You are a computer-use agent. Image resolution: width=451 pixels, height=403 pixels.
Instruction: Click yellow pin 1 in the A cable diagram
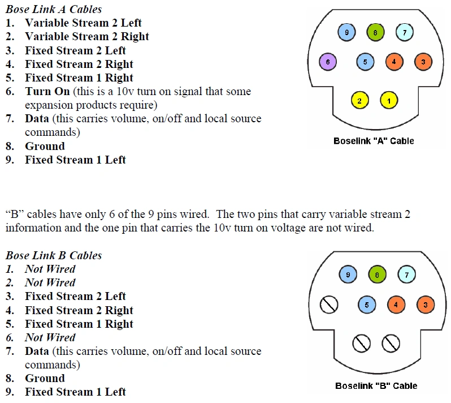click(389, 101)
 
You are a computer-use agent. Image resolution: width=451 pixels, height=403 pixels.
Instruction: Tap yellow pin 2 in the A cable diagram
click(359, 101)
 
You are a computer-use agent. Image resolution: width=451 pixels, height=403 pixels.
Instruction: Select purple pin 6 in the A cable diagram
click(327, 61)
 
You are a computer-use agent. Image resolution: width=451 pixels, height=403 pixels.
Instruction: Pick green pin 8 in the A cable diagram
click(375, 32)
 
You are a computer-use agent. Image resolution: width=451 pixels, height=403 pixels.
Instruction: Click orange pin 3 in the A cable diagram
click(423, 61)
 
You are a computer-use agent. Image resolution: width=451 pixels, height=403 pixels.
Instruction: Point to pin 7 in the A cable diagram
click(405, 32)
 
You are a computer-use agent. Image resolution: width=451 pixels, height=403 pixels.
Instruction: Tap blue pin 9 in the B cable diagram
click(348, 275)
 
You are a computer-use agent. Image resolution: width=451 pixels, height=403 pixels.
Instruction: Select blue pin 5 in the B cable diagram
click(367, 305)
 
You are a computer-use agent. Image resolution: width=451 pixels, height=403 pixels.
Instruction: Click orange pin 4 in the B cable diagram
click(396, 305)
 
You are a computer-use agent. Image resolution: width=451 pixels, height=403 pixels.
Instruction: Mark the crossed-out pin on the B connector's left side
click(328, 305)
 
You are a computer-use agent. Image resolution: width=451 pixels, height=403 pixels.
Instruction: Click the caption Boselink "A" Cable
click(374, 141)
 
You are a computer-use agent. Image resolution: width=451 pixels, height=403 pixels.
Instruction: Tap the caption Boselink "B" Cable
click(376, 386)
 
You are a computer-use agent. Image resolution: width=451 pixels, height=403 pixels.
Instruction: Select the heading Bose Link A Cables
click(54, 9)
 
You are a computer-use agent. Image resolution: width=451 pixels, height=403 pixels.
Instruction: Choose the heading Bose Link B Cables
click(54, 255)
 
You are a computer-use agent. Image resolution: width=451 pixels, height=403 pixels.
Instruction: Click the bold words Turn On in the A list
click(47, 91)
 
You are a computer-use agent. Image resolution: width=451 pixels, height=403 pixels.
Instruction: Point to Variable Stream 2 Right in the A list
click(86, 36)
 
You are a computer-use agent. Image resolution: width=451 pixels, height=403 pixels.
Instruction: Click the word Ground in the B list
click(45, 378)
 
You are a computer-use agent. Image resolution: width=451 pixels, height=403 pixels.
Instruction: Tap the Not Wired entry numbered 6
click(50, 337)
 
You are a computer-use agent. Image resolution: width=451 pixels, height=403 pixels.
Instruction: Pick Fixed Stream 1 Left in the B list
click(75, 392)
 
